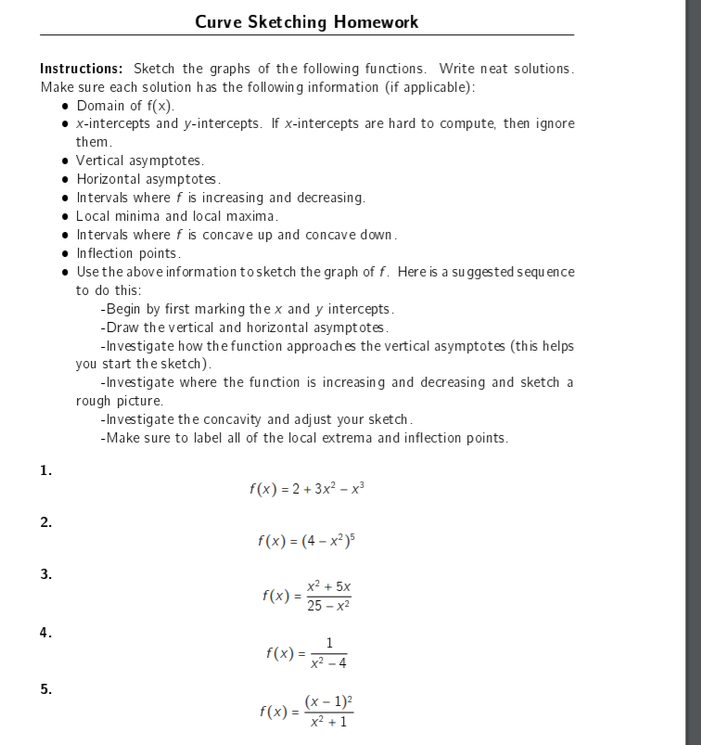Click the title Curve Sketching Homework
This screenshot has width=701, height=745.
(307, 21)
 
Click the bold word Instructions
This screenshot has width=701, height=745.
(82, 69)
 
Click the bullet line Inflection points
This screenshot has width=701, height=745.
(128, 252)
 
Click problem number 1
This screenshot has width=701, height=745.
(46, 470)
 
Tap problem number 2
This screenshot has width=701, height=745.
(46, 522)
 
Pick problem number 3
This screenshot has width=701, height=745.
(46, 574)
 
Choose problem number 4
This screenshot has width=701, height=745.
(46, 633)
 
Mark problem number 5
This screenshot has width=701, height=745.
(46, 688)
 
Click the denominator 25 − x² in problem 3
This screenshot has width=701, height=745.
(328, 606)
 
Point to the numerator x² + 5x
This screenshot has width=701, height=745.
(328, 587)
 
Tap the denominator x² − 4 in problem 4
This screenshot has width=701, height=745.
(329, 662)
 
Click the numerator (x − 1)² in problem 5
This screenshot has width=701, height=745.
(328, 701)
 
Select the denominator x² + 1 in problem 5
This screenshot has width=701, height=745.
(328, 722)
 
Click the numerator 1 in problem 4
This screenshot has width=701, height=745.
(329, 644)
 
